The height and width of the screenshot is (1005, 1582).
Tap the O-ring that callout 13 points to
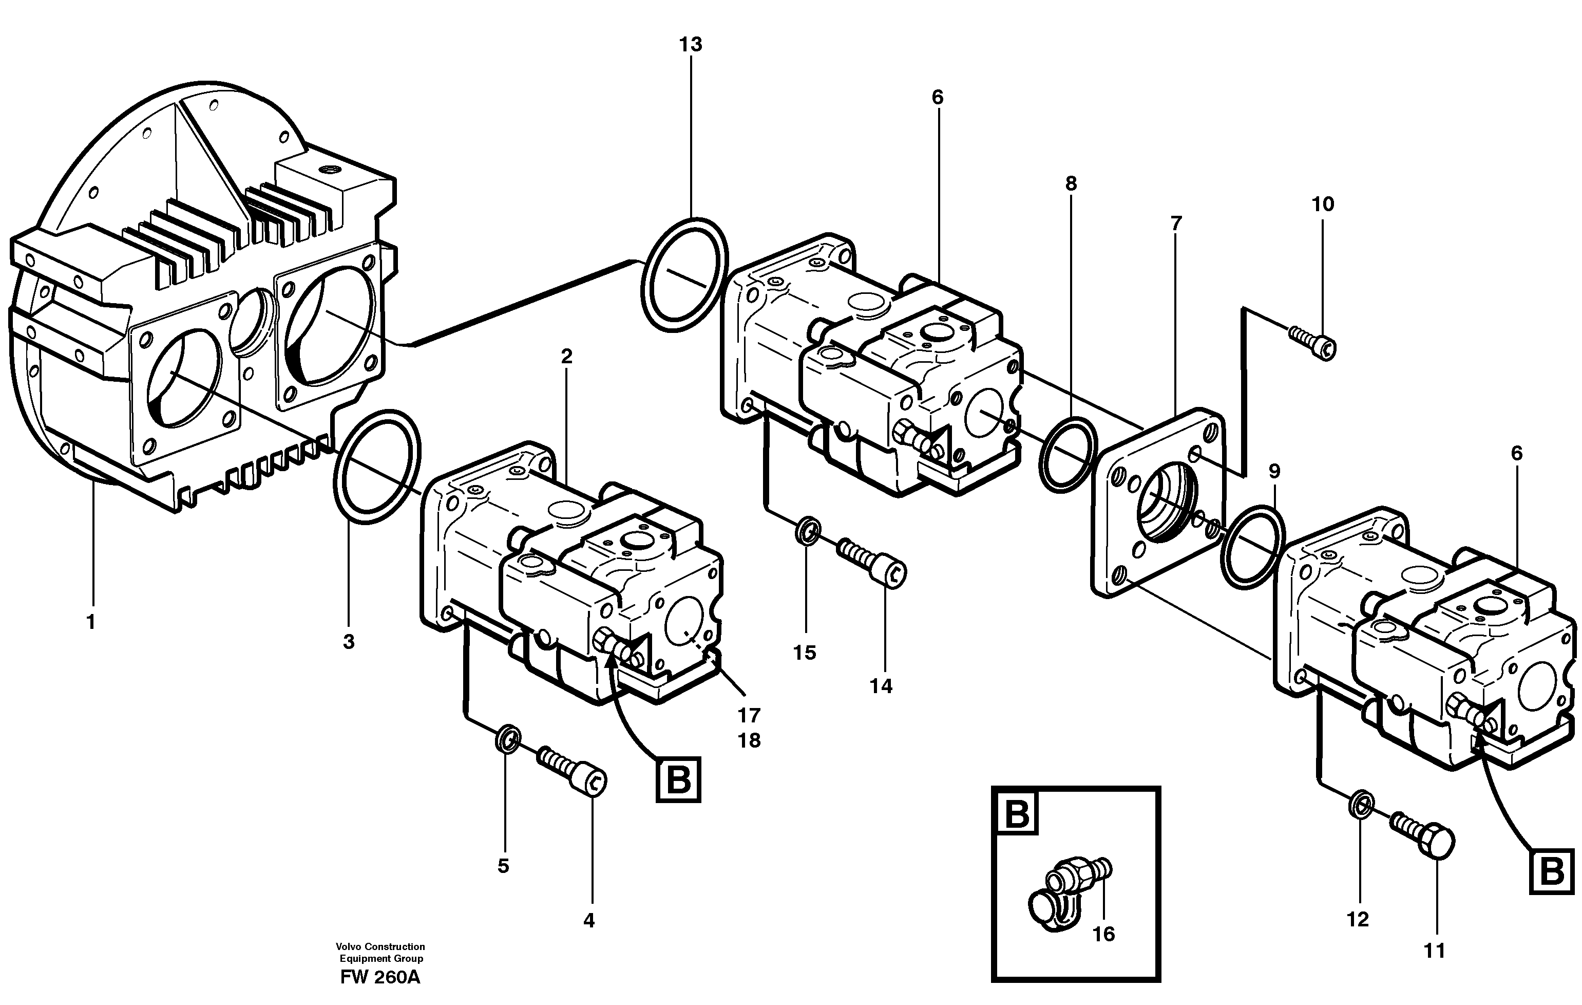tap(684, 273)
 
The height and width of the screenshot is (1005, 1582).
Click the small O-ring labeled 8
tap(1067, 454)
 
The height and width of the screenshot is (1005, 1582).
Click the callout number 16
tap(1104, 934)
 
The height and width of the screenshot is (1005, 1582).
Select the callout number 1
tap(91, 621)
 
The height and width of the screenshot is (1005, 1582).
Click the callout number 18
tap(749, 741)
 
